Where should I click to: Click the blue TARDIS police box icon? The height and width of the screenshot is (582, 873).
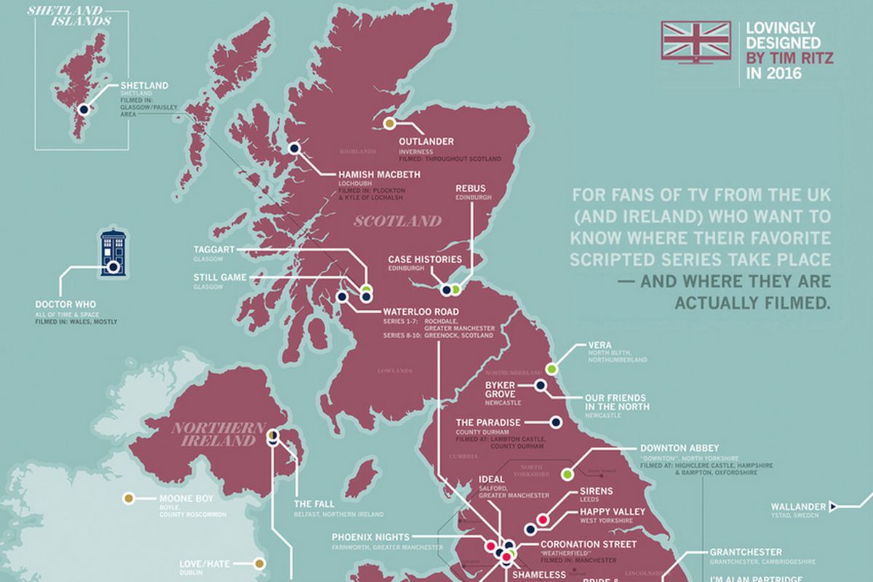[113, 253]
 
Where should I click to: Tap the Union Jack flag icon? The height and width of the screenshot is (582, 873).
[695, 40]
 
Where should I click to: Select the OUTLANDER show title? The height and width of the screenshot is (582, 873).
[426, 141]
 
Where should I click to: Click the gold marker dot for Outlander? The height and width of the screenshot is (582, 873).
[390, 124]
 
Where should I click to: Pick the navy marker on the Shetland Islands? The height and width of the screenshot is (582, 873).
[84, 110]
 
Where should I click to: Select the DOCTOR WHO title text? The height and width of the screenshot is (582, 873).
[65, 304]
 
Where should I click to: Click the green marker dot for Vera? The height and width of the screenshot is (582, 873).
[552, 369]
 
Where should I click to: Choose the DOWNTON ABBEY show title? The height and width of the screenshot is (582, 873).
[679, 448]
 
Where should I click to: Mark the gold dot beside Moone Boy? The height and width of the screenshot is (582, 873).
[128, 498]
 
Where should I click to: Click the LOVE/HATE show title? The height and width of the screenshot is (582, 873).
[207, 563]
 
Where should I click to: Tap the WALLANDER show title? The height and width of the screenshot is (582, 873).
[800, 506]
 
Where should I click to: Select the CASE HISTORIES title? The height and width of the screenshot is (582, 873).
[424, 260]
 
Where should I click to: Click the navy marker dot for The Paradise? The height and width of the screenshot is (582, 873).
[556, 422]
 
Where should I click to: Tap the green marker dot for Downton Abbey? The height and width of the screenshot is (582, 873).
[567, 474]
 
